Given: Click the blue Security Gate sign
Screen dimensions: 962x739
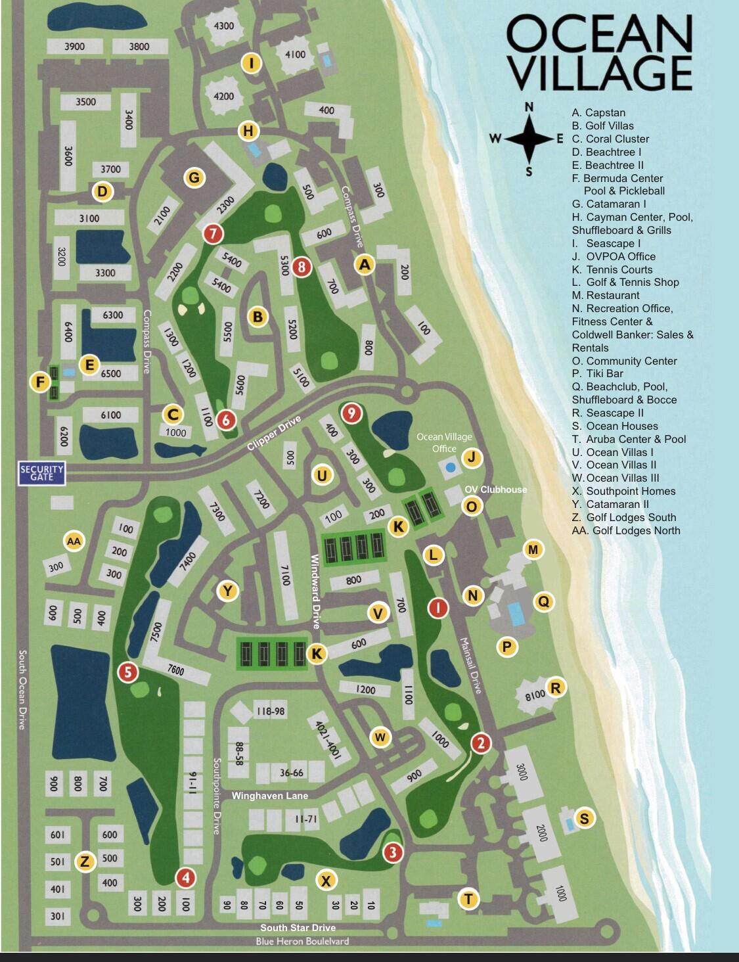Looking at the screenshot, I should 42,472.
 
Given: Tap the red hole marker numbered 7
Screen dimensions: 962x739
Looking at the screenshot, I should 213,233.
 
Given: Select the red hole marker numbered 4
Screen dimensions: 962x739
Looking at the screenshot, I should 185,877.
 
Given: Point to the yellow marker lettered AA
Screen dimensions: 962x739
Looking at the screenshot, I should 74,541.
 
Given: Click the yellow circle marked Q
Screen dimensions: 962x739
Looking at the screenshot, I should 543,601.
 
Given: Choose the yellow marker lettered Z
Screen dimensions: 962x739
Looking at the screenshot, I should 83,861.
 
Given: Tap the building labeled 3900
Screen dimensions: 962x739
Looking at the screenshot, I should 74,47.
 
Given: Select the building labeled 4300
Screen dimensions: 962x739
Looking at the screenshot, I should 224,26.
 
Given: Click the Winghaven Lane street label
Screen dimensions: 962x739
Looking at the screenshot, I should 269,796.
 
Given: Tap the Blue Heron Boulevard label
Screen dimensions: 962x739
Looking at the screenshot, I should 302,941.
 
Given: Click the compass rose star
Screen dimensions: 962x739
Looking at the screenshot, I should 529,139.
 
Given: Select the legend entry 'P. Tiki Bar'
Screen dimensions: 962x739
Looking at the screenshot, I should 597,373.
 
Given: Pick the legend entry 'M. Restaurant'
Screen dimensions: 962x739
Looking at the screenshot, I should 605,295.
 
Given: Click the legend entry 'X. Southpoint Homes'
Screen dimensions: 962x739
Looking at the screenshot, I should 623,491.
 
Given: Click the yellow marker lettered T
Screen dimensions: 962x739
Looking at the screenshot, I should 468,899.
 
